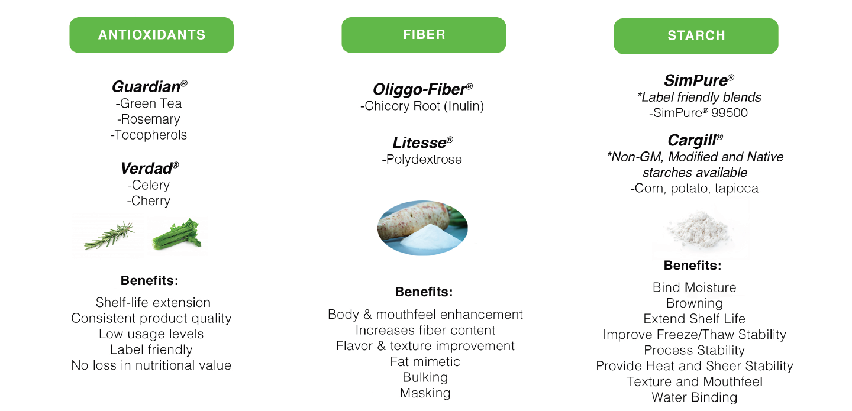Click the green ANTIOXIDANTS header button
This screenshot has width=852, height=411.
click(151, 35)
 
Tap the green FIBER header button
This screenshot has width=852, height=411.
click(424, 35)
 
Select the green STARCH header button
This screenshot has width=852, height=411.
click(696, 35)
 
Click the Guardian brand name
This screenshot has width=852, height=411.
click(150, 87)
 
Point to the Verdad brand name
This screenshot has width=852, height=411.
click(150, 168)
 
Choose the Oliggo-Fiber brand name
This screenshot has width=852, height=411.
click(422, 89)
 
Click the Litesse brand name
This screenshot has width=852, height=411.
click(422, 143)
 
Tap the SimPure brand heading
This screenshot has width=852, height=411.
click(699, 80)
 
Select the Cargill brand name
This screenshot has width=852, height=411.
click(695, 140)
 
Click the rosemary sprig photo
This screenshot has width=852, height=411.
click(109, 236)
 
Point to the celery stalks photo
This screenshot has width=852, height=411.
click(177, 234)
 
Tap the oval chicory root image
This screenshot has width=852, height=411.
click(422, 228)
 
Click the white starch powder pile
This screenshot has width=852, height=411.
click(698, 229)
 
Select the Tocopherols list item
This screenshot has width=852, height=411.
click(149, 135)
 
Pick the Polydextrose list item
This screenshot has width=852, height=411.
click(422, 159)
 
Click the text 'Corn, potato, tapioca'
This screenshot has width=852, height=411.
click(695, 188)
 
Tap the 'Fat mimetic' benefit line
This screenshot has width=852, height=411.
click(425, 361)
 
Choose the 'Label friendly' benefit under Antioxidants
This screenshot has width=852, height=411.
click(151, 349)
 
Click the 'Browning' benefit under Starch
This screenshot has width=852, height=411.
click(695, 303)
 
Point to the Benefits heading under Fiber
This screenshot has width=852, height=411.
click(424, 292)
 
